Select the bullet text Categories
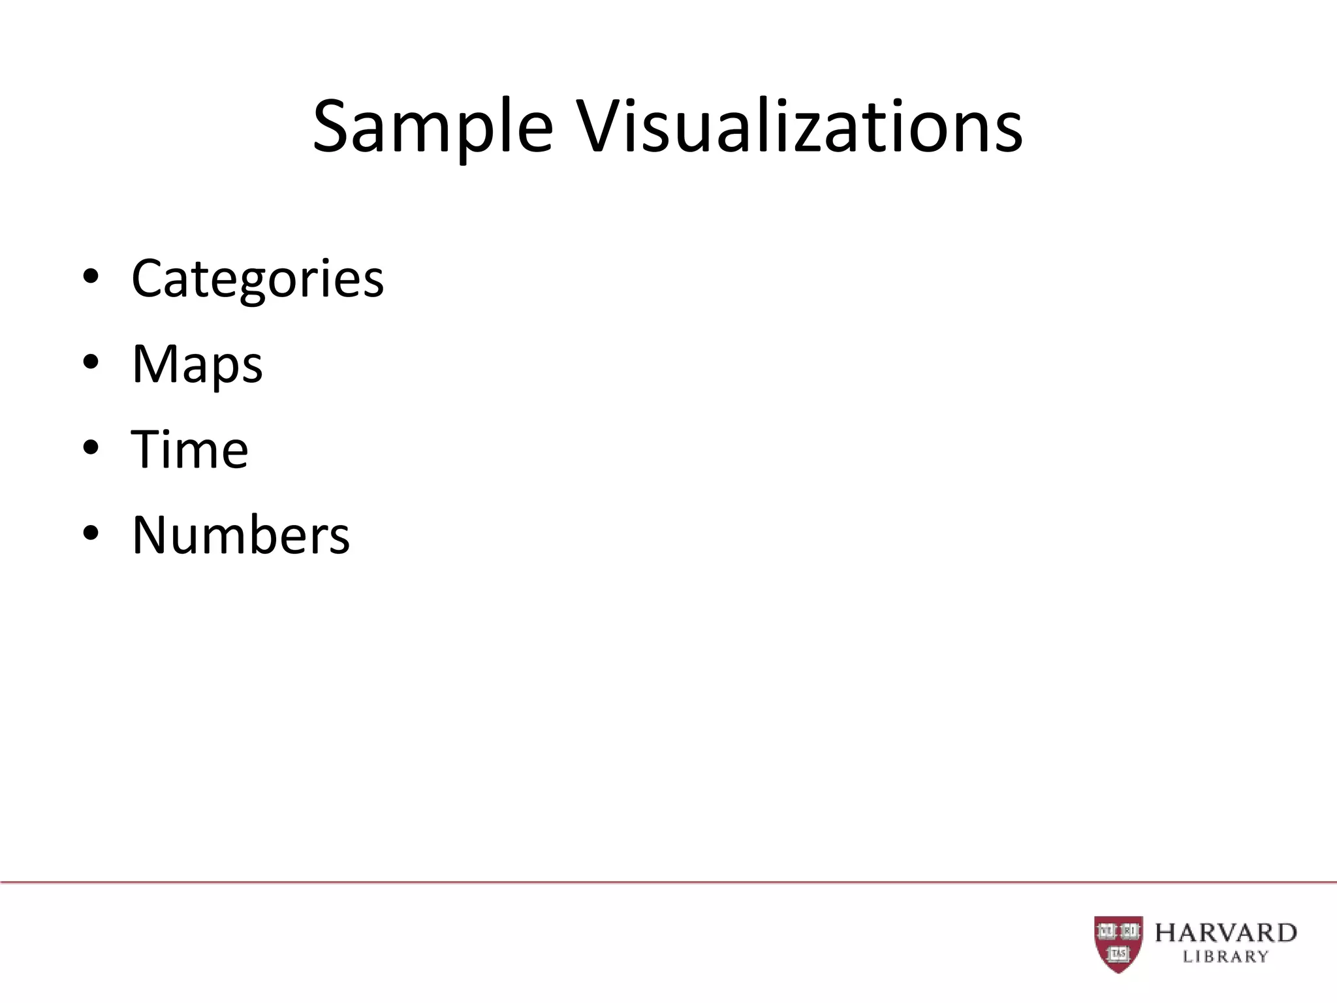click(x=257, y=279)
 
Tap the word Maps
click(x=197, y=364)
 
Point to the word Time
click(x=190, y=450)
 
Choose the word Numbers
click(x=241, y=535)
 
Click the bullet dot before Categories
click(x=91, y=278)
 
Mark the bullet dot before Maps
click(x=91, y=363)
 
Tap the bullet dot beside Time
click(x=91, y=449)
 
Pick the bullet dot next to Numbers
click(x=91, y=534)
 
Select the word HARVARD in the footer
click(x=1225, y=932)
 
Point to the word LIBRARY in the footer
click(x=1225, y=957)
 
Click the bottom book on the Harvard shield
click(x=1118, y=954)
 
